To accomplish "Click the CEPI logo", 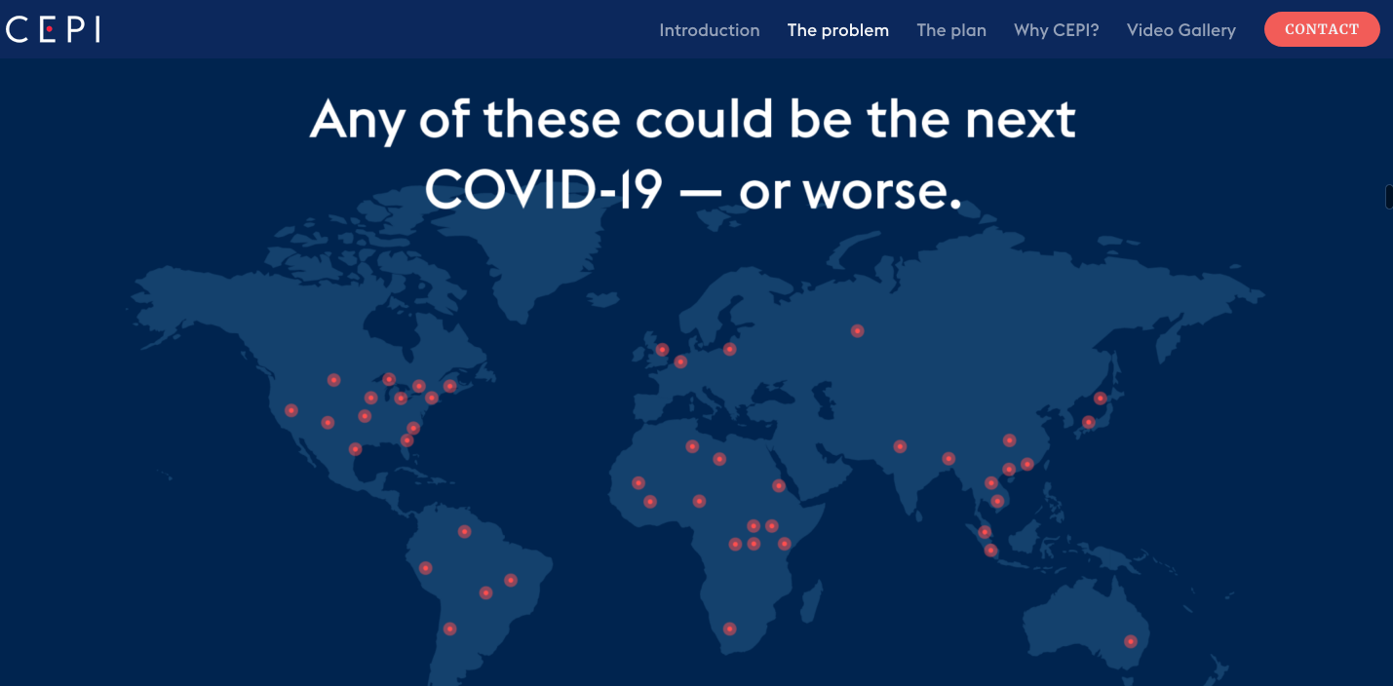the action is (53, 29).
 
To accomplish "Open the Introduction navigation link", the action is (710, 30).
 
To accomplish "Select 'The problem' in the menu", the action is (837, 30).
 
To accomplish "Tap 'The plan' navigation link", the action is (951, 30).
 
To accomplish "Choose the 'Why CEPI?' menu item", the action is (1056, 30).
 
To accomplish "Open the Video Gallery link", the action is (1180, 30).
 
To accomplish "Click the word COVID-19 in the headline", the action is (544, 189).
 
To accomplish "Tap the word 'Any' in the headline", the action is (358, 121).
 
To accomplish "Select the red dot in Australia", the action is (1131, 641).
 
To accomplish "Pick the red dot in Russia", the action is (857, 330).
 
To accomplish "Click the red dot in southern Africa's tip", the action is (729, 629).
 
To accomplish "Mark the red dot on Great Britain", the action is (662, 350).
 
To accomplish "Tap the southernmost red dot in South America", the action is (449, 629).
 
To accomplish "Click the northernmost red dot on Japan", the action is (1101, 399).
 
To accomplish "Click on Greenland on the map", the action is (535, 248).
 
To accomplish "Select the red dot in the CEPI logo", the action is (49, 29).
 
